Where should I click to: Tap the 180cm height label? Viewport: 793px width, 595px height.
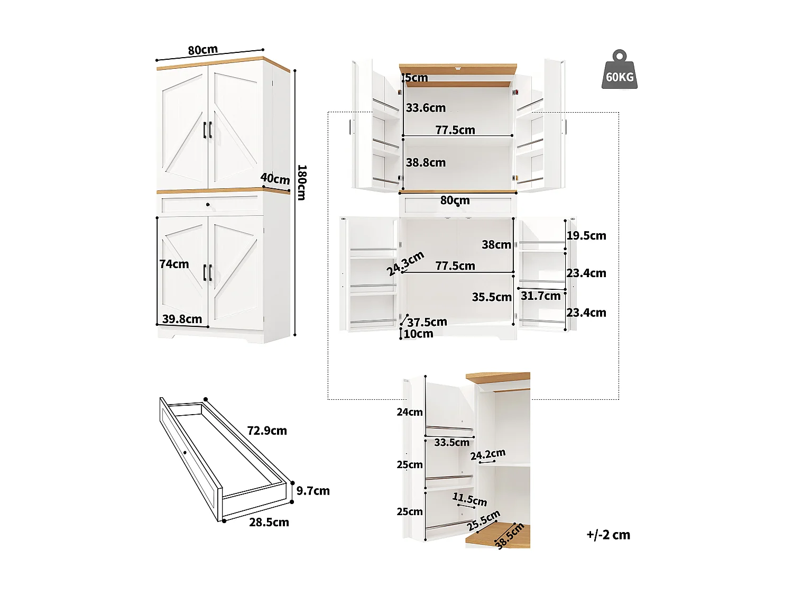pyautogui.click(x=301, y=182)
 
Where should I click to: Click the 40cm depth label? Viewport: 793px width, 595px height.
pyautogui.click(x=275, y=179)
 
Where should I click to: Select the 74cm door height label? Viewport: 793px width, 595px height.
pyautogui.click(x=174, y=264)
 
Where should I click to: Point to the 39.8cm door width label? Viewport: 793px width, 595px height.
pyautogui.click(x=182, y=319)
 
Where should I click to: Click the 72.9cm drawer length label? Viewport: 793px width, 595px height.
pyautogui.click(x=267, y=431)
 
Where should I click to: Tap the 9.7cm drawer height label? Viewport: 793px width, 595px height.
pyautogui.click(x=313, y=491)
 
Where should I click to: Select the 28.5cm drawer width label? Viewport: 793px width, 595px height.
pyautogui.click(x=269, y=523)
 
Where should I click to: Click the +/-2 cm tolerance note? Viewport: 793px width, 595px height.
pyautogui.click(x=608, y=535)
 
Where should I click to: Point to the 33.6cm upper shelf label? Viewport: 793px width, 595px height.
pyautogui.click(x=426, y=108)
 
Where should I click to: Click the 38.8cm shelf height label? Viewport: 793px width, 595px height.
pyautogui.click(x=426, y=163)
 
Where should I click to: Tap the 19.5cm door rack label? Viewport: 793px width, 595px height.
pyautogui.click(x=586, y=236)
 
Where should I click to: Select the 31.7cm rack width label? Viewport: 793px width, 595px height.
pyautogui.click(x=540, y=296)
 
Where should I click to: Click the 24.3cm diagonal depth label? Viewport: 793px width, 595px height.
pyautogui.click(x=405, y=263)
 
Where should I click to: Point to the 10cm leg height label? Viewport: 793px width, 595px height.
pyautogui.click(x=418, y=334)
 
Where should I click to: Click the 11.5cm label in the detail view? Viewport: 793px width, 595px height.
pyautogui.click(x=469, y=499)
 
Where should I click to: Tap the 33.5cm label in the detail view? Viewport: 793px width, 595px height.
pyautogui.click(x=451, y=443)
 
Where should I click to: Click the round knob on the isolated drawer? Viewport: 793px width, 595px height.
pyautogui.click(x=185, y=453)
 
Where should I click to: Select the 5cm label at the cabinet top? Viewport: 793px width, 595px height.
pyautogui.click(x=417, y=78)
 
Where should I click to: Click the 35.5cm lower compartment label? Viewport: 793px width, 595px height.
pyautogui.click(x=492, y=297)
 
